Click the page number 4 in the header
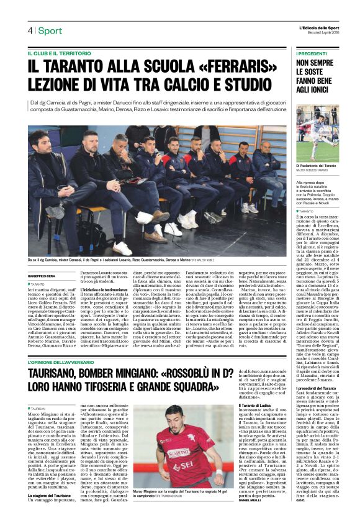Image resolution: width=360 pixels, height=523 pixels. click(x=30, y=30)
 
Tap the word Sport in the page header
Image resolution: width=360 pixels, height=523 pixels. click(x=50, y=30)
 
